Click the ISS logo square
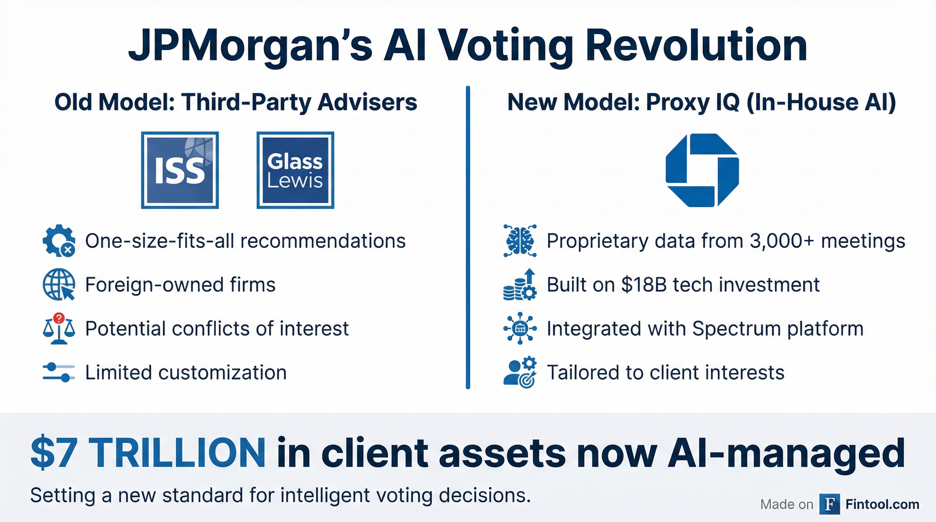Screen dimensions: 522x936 180,170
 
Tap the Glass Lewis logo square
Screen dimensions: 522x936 295,170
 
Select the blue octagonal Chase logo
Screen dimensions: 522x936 702,170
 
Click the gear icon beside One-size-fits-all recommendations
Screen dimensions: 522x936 58,241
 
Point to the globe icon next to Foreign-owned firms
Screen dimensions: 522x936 58,284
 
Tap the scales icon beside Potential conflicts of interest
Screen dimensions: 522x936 58,329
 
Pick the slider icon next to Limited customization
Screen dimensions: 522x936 58,372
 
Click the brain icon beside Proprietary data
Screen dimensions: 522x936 520,241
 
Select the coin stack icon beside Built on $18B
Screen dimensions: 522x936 520,284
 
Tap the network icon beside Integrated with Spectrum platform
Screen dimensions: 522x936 520,329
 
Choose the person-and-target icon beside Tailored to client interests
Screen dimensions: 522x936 520,372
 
